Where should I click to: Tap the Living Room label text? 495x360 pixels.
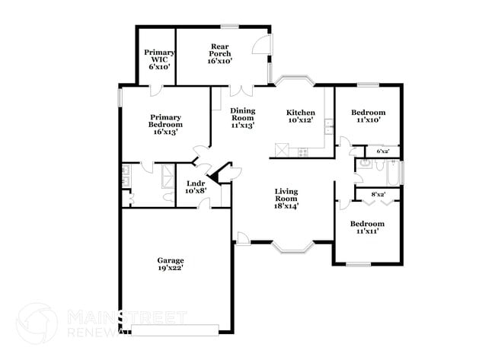(x=286, y=198)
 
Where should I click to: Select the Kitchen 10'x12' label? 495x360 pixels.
(x=301, y=116)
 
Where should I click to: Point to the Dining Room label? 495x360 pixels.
(x=243, y=117)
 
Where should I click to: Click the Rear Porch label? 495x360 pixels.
(x=219, y=53)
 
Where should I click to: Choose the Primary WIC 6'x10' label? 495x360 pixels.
(x=159, y=59)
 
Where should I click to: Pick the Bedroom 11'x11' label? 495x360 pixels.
(x=366, y=228)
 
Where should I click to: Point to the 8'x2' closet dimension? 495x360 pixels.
(x=377, y=195)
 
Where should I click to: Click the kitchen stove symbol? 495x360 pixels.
(x=303, y=151)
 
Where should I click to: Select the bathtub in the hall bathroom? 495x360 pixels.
(x=392, y=173)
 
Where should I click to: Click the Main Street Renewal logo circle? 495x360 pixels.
(x=37, y=323)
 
